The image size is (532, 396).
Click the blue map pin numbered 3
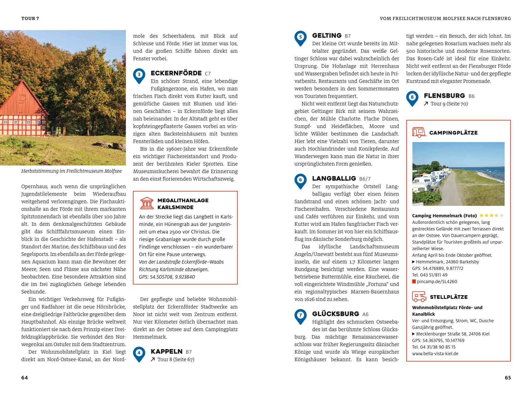point(139,76)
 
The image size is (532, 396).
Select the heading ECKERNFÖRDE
point(176,73)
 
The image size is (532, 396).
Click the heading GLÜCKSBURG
point(336,314)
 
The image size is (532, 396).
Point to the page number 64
point(25,378)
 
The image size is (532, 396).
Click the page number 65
point(507,378)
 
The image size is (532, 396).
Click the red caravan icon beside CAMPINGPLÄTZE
point(419,132)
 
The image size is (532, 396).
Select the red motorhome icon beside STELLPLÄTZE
point(419,297)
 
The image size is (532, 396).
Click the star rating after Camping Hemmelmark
point(491,215)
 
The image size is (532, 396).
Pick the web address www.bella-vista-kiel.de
point(435,354)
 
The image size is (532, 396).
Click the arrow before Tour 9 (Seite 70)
point(426,104)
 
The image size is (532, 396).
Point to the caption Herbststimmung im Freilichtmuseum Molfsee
point(71,171)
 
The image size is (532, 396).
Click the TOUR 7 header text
point(30,18)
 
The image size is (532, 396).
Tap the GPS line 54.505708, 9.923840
point(167,277)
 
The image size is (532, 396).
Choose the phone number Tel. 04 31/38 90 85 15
point(434,347)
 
